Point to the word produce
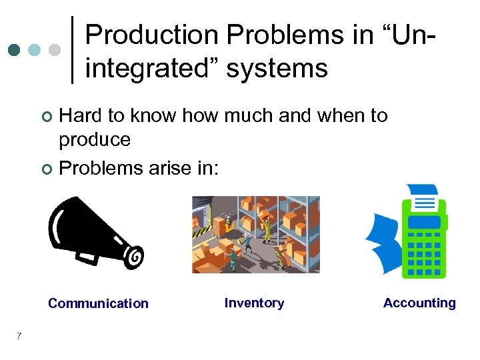pos(95,140)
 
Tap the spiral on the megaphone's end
pos(135,255)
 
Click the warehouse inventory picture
pos(256,234)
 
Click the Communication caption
pos(98,303)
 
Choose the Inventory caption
pos(254,303)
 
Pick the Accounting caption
pos(419,303)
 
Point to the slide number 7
pos(19,335)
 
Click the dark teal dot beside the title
pos(14,50)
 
